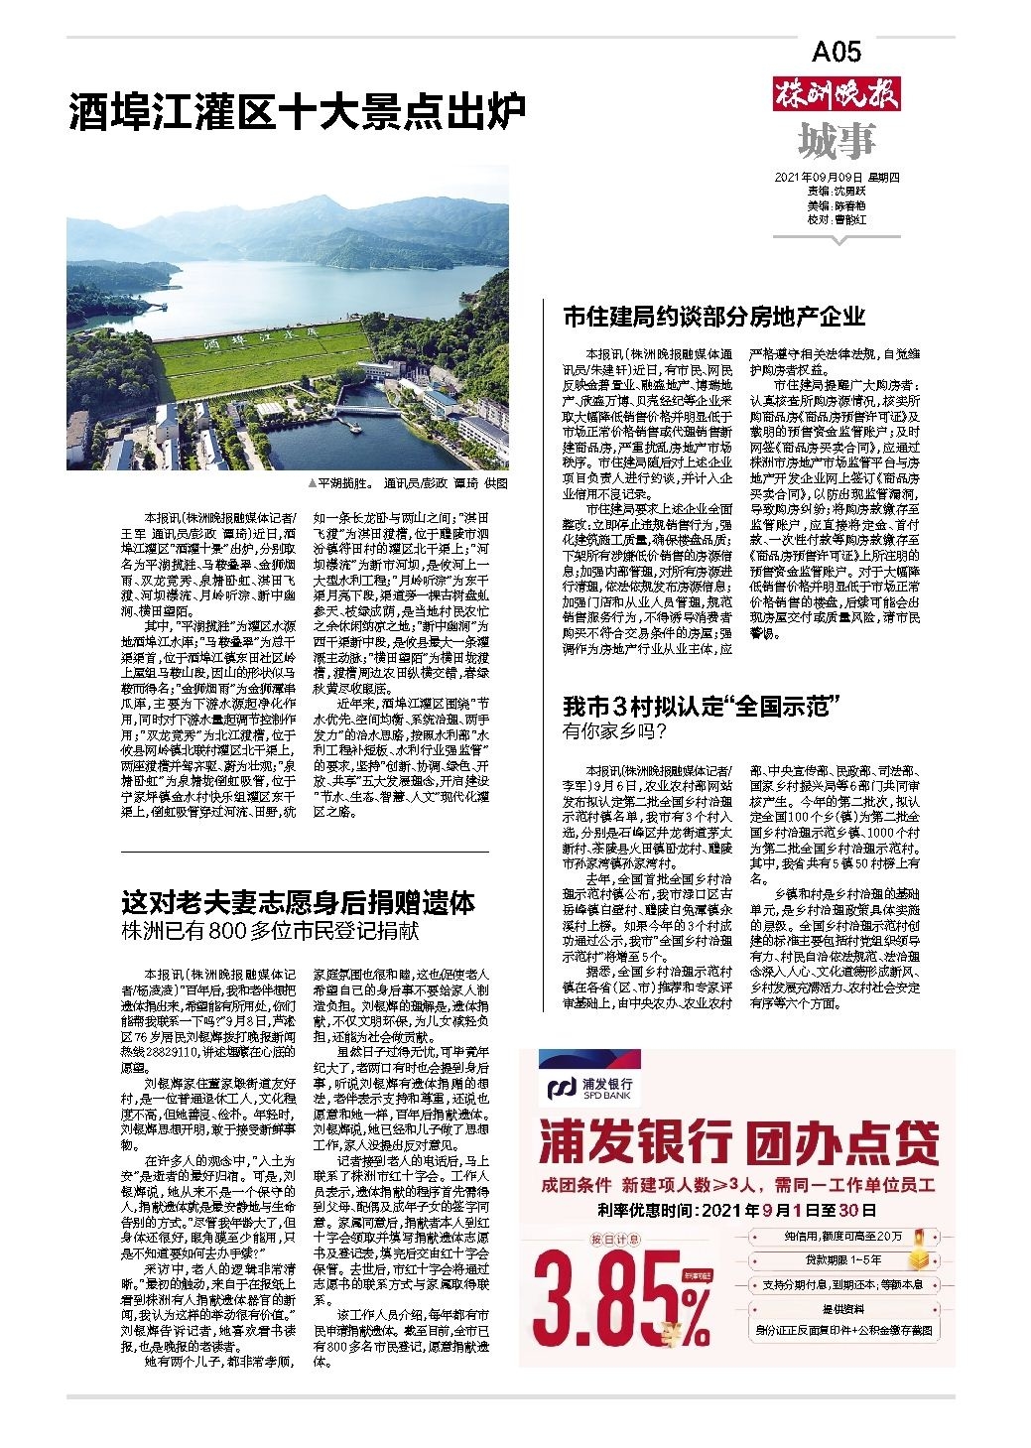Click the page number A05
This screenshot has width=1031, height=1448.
pos(836,52)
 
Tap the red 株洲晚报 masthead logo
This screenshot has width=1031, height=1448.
pos(837,97)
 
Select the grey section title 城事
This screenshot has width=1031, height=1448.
pos(837,142)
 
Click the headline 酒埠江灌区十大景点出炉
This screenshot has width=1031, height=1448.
pos(296,113)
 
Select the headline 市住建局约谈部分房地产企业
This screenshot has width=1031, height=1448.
pos(713,317)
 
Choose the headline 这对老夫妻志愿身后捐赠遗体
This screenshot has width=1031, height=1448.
pos(298,904)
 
